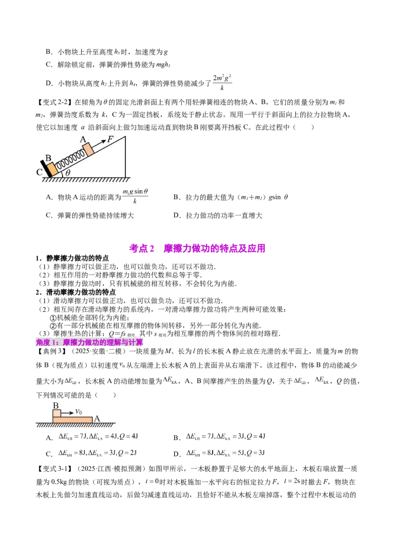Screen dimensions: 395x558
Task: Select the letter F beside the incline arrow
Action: (x=110, y=139)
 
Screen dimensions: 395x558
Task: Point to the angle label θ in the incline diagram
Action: (x=68, y=173)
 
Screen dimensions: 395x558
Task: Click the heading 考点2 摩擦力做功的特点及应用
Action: (x=197, y=248)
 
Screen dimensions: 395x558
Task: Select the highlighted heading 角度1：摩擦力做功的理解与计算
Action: (x=89, y=343)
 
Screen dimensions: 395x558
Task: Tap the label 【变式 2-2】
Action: (x=55, y=103)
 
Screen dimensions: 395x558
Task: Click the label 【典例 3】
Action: (x=51, y=351)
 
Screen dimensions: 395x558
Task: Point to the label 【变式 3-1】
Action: (x=55, y=469)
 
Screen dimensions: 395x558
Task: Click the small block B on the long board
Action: (x=57, y=414)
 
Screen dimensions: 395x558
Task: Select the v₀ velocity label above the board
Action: (x=79, y=412)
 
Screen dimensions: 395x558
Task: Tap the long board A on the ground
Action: (x=73, y=420)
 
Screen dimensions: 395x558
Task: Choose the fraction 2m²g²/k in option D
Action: (x=223, y=82)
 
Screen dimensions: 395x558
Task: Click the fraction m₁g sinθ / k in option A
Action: (x=135, y=196)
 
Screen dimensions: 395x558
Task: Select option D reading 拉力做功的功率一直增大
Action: (x=218, y=215)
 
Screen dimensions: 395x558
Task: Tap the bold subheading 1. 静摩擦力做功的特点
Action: (x=72, y=258)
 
